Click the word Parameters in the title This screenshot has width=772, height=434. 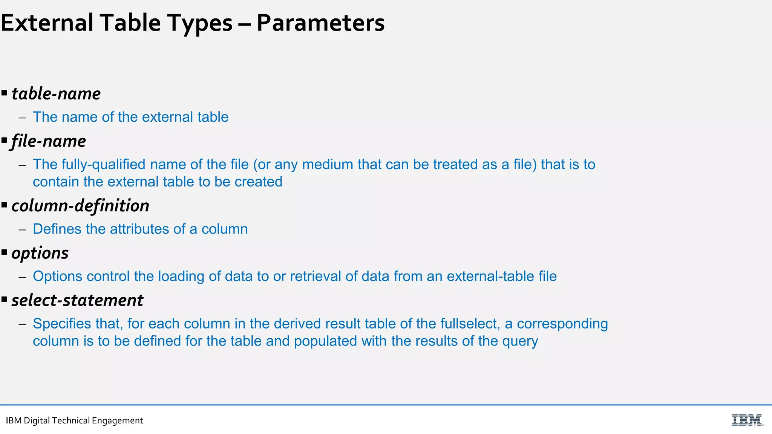click(x=320, y=23)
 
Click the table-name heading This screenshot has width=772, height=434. click(x=56, y=94)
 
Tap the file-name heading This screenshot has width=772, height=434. click(x=49, y=141)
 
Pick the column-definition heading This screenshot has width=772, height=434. click(x=80, y=206)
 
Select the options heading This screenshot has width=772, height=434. click(x=40, y=253)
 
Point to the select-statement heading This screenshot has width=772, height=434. click(x=77, y=300)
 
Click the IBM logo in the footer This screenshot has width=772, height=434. click(x=747, y=420)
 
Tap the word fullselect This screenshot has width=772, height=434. click(x=470, y=324)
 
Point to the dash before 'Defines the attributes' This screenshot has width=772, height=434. click(x=23, y=229)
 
